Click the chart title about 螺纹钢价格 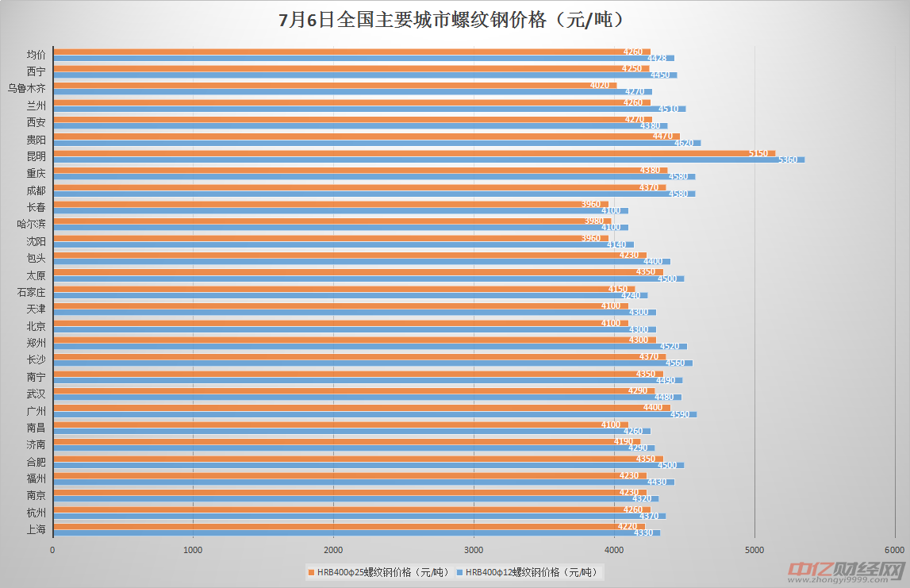(455, 20)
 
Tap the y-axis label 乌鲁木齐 (27, 88)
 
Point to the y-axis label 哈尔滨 (32, 224)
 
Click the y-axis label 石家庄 (32, 292)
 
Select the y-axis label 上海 (36, 529)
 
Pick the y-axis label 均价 (36, 55)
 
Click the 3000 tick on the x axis (474, 550)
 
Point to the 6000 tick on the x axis (895, 550)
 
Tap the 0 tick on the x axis (53, 550)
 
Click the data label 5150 (758, 153)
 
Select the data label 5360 (787, 160)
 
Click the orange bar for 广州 (357, 408)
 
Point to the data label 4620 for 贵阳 (683, 144)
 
